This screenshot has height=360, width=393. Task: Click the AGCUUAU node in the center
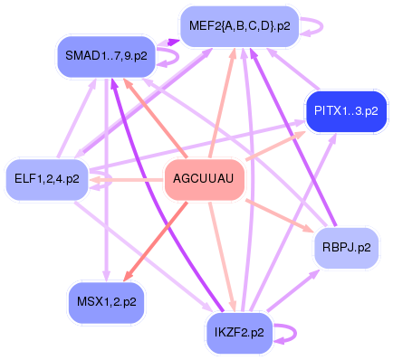pyautogui.click(x=203, y=178)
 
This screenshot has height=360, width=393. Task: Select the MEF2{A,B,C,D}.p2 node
pyautogui.click(x=235, y=27)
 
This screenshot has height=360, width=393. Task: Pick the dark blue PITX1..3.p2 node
pyautogui.click(x=346, y=110)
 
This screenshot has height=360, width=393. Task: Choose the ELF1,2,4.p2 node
pyautogui.click(x=46, y=178)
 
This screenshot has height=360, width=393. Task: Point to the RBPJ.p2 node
pyautogui.click(x=345, y=245)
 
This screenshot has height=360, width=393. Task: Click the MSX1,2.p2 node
pyautogui.click(x=105, y=301)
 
